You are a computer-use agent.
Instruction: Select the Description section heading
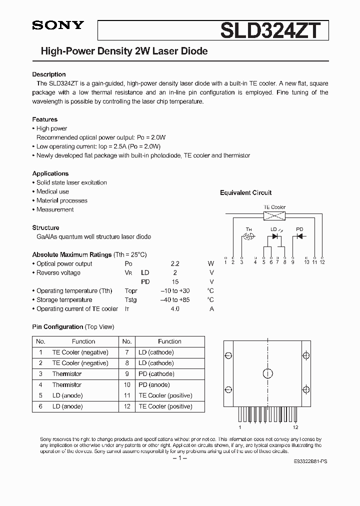click(x=49, y=74)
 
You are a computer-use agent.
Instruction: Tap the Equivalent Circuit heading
click(x=245, y=192)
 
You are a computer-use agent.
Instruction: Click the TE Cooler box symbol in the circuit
click(x=274, y=216)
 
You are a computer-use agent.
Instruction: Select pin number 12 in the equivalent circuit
click(x=322, y=261)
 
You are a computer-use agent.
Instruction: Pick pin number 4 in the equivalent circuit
click(x=255, y=261)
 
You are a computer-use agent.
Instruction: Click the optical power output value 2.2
click(x=174, y=264)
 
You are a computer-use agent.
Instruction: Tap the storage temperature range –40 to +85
click(x=174, y=300)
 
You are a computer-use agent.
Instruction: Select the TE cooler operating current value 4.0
click(x=174, y=309)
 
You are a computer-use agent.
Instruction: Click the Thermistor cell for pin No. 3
click(x=66, y=374)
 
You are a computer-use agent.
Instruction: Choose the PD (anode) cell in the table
click(x=154, y=385)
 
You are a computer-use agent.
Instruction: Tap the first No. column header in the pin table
click(x=41, y=341)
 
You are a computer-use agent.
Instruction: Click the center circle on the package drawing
click(x=267, y=373)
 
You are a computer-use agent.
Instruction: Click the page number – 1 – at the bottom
click(x=179, y=459)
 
